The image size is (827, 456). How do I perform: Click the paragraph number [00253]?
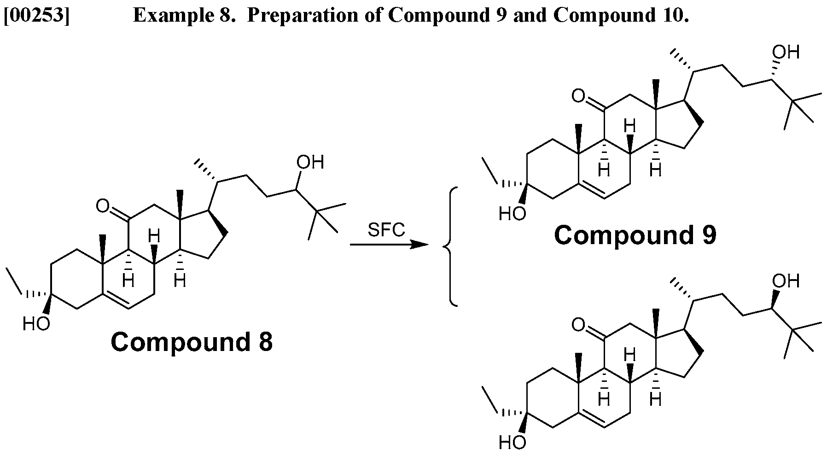coord(36,16)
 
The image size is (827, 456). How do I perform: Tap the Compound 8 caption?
coord(192,342)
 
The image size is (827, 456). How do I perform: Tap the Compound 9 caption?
coord(635,235)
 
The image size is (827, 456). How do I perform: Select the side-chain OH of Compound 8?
coord(310,162)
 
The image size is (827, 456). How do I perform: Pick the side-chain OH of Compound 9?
coord(786,52)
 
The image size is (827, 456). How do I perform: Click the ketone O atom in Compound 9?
coord(578,96)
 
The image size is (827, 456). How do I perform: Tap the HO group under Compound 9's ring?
coord(512,214)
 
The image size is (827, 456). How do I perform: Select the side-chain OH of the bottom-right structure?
coord(786,281)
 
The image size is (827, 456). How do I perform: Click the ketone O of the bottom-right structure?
coord(578,325)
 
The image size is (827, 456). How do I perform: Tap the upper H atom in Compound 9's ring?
coord(629,125)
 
